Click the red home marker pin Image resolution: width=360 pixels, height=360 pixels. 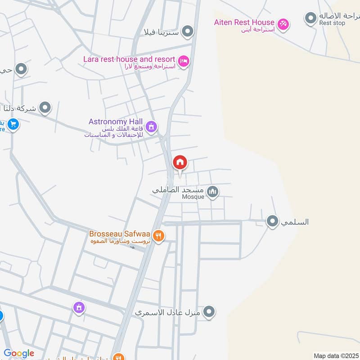[x=180, y=162]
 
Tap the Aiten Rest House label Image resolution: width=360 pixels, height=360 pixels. [x=244, y=22]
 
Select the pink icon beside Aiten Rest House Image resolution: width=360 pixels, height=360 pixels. [x=283, y=23]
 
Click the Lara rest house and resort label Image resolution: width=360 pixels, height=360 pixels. [x=129, y=59]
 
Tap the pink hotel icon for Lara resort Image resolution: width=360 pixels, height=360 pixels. [x=183, y=61]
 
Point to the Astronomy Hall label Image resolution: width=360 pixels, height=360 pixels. [x=116, y=121]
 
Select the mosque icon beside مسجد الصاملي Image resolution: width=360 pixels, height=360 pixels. [x=213, y=192]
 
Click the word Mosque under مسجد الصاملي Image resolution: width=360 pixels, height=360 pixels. [x=193, y=197]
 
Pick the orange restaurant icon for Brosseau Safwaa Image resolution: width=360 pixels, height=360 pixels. [x=158, y=235]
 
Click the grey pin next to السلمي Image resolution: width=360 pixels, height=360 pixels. [x=272, y=221]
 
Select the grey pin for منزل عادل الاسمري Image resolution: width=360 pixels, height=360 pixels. [x=209, y=311]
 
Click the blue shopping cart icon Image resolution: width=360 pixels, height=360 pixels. [x=13, y=124]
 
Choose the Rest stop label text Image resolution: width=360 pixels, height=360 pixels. [x=332, y=23]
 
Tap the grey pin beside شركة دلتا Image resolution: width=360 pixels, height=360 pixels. [x=45, y=108]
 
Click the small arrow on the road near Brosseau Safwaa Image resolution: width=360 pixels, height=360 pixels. [x=133, y=247]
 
